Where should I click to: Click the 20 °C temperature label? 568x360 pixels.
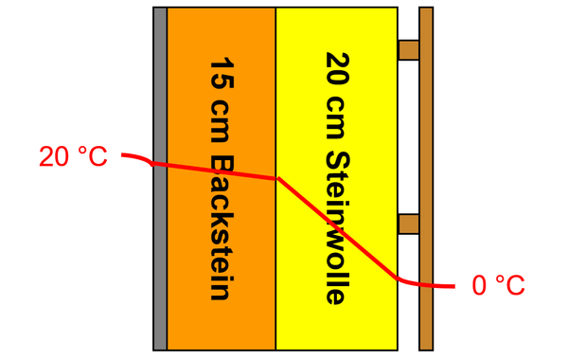(x=73, y=157)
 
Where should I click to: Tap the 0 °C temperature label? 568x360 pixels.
(x=497, y=285)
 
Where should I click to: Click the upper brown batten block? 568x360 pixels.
(x=408, y=49)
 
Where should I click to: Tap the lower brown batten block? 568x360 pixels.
(x=408, y=224)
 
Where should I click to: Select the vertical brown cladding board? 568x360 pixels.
(x=426, y=114)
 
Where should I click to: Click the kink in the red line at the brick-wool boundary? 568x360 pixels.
(x=276, y=178)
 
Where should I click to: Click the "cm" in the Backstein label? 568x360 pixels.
(x=221, y=117)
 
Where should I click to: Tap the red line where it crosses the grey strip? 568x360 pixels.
(x=160, y=165)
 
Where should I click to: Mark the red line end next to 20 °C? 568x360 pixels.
(x=122, y=155)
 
